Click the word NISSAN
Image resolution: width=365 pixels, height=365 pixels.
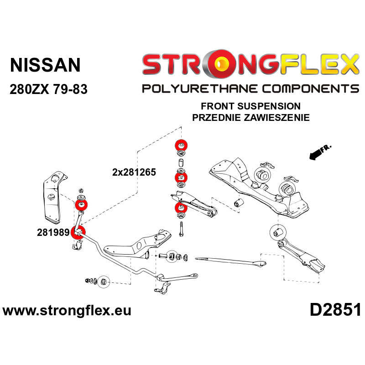pyautogui.click(x=45, y=65)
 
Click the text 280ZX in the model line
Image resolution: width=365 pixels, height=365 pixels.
pyautogui.click(x=29, y=89)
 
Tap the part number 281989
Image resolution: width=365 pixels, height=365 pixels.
pyautogui.click(x=53, y=232)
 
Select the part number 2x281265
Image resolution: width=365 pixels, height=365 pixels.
pyautogui.click(x=134, y=172)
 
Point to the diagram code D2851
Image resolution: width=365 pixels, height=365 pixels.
pyautogui.click(x=335, y=310)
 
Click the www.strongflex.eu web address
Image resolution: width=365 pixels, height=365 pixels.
pyautogui.click(x=67, y=311)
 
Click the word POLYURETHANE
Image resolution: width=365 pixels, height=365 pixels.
pyautogui.click(x=200, y=89)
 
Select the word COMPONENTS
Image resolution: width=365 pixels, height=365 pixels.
pyautogui.click(x=311, y=89)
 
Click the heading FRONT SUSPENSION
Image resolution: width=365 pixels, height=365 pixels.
pyautogui.click(x=250, y=106)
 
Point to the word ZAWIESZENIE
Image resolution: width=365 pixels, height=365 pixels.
pyautogui.click(x=277, y=118)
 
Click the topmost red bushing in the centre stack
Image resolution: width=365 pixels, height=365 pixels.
pyautogui.click(x=181, y=146)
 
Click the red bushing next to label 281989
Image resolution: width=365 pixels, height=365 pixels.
pyautogui.click(x=78, y=232)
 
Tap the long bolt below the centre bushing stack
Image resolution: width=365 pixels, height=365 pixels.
pyautogui.click(x=181, y=229)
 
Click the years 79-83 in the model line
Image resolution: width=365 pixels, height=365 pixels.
pyautogui.click(x=70, y=89)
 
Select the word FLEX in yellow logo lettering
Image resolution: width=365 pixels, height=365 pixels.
pyautogui.click(x=320, y=64)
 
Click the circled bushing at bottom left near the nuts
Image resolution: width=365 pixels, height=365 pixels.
pyautogui.click(x=104, y=282)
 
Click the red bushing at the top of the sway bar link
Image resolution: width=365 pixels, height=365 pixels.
pyautogui.click(x=81, y=205)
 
